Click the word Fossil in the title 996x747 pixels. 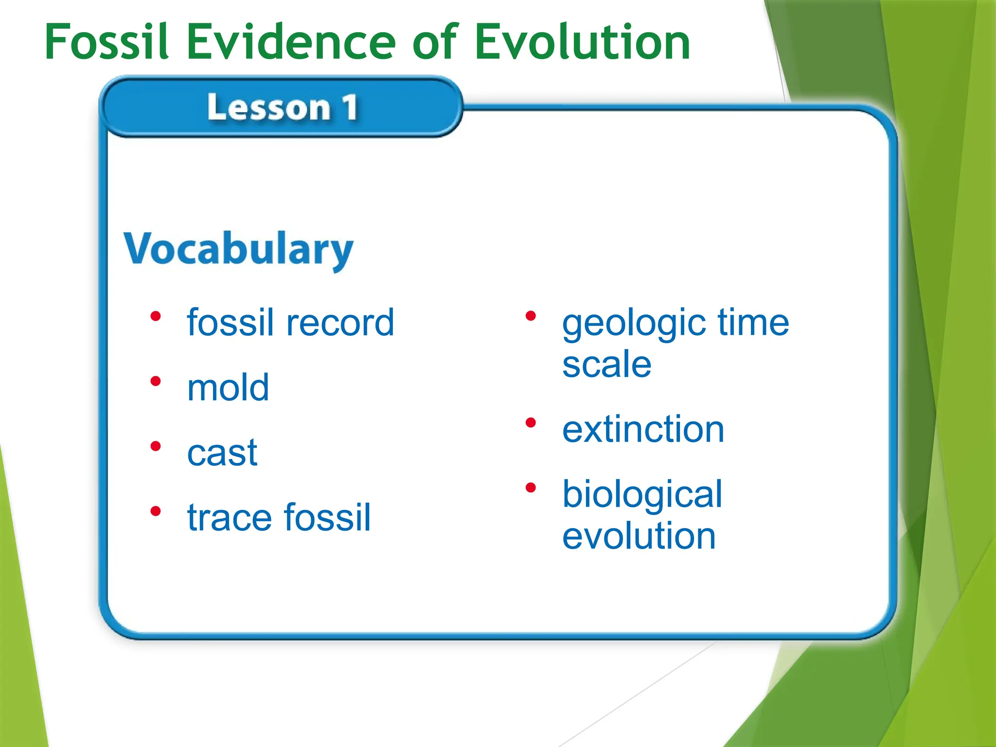point(106,42)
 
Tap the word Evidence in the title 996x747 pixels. point(291,42)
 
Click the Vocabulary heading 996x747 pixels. point(238,249)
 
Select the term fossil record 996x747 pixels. point(290,322)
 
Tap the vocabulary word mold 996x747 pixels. point(228,388)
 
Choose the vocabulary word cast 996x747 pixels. point(222,453)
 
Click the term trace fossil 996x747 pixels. point(279,517)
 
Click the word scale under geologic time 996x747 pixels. point(606,364)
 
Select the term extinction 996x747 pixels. point(643,429)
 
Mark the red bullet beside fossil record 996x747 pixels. point(156,317)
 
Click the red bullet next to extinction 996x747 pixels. point(531,423)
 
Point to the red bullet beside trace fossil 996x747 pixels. point(156,511)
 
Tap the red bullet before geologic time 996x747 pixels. point(531,317)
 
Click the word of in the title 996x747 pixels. point(435,42)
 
